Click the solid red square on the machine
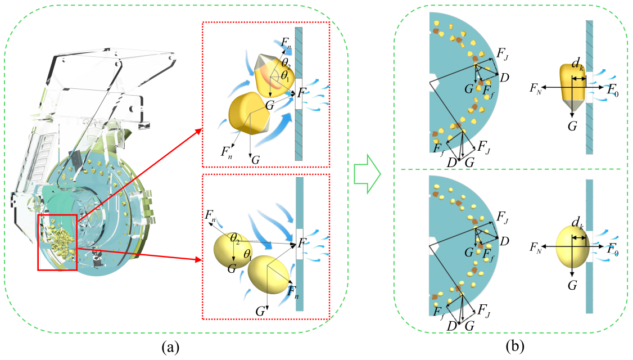(x=57, y=242)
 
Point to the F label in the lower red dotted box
(x=302, y=243)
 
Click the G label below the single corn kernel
(x=572, y=126)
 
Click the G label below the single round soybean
(x=572, y=286)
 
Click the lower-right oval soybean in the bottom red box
(x=270, y=274)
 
